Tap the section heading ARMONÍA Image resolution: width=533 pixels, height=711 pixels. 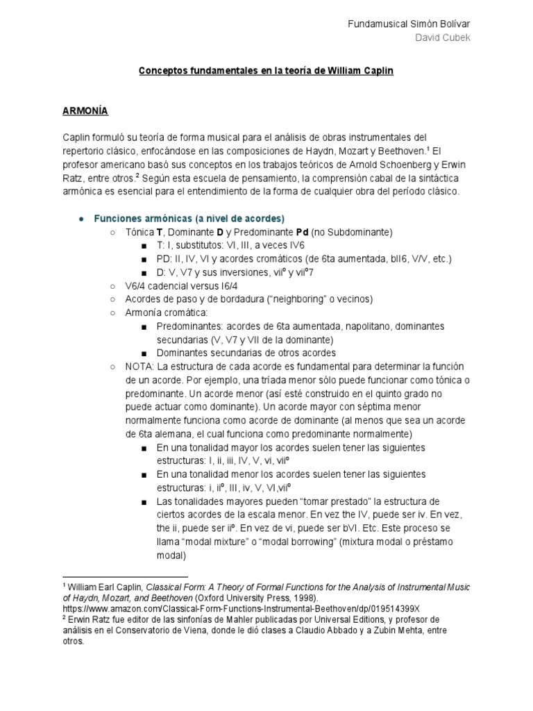85,110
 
